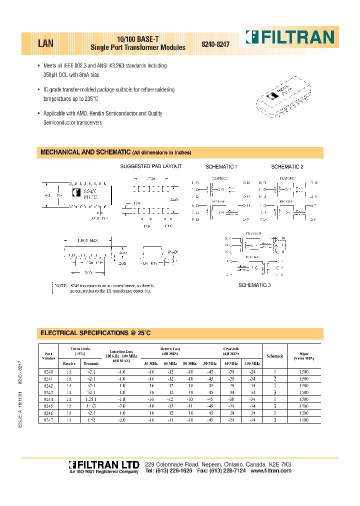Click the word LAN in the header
click(x=45, y=43)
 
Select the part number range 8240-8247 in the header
click(x=215, y=44)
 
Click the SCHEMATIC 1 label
click(x=221, y=166)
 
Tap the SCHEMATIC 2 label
click(x=287, y=166)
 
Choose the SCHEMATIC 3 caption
click(x=254, y=284)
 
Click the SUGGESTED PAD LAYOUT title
click(x=151, y=166)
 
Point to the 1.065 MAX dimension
click(x=88, y=240)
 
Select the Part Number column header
click(x=48, y=355)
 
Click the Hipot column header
click(x=304, y=355)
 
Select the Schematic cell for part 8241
click(x=274, y=379)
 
